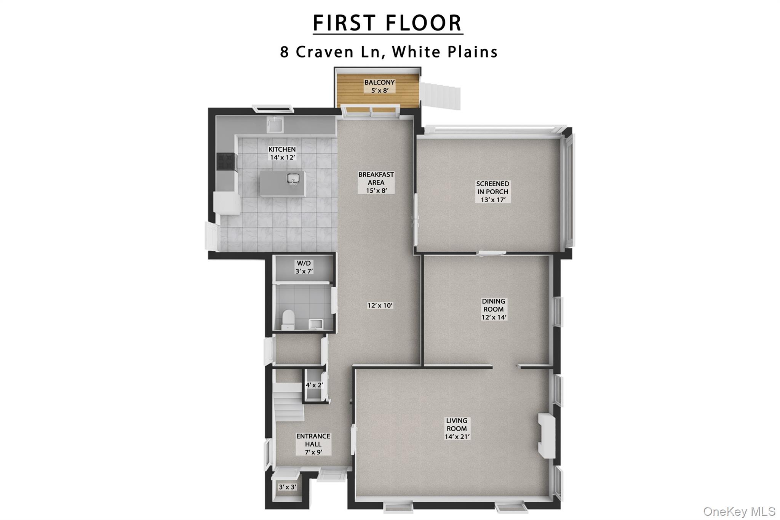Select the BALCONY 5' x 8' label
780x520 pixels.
379,86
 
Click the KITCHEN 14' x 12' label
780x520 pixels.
282,153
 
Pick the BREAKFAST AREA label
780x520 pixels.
376,182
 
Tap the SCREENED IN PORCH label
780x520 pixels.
492,191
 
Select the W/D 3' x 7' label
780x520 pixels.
304,267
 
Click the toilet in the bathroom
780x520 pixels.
288,319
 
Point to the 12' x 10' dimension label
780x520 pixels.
380,305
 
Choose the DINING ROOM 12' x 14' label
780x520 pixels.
494,309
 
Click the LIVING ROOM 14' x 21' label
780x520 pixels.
457,428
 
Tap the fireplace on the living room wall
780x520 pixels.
546,435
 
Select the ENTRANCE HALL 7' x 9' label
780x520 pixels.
313,444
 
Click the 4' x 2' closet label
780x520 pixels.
314,385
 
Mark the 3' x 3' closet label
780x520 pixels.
288,487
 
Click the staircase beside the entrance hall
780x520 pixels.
288,402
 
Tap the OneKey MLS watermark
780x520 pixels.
739,511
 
